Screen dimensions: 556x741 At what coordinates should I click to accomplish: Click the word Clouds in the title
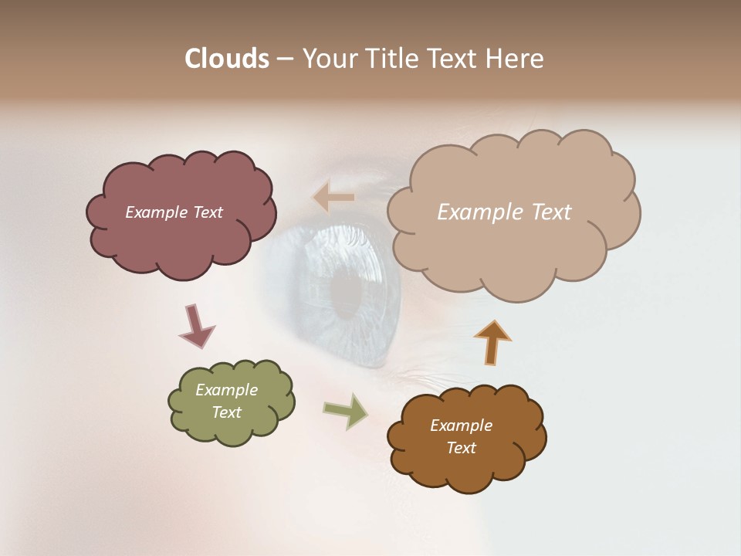(226, 59)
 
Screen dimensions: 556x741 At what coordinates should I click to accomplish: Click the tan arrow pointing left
(333, 198)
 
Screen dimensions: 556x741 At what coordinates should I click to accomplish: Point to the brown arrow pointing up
(492, 342)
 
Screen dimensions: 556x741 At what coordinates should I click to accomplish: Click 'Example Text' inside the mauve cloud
(174, 212)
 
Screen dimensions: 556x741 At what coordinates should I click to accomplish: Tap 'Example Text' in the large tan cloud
(504, 212)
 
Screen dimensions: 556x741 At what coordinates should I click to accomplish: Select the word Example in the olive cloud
(226, 390)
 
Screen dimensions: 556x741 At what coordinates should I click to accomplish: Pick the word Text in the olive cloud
(226, 412)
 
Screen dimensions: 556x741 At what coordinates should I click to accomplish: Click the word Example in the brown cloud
(461, 425)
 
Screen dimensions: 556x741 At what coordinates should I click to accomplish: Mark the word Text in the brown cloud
(461, 448)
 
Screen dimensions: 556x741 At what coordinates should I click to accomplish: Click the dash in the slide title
(284, 59)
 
